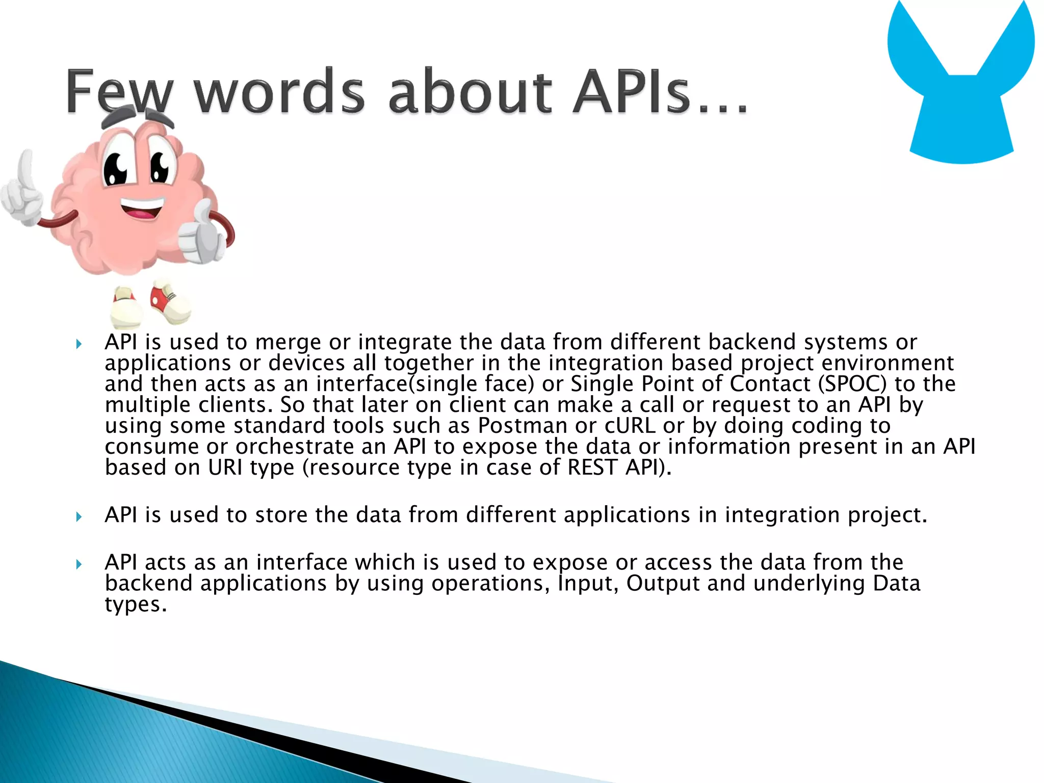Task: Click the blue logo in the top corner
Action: click(961, 82)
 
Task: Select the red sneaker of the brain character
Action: click(171, 302)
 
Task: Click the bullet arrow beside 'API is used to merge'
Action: click(79, 344)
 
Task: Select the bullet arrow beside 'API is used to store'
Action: click(79, 517)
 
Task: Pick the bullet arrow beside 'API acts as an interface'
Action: click(79, 564)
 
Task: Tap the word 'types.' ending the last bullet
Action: click(136, 605)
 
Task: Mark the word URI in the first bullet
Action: click(225, 467)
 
